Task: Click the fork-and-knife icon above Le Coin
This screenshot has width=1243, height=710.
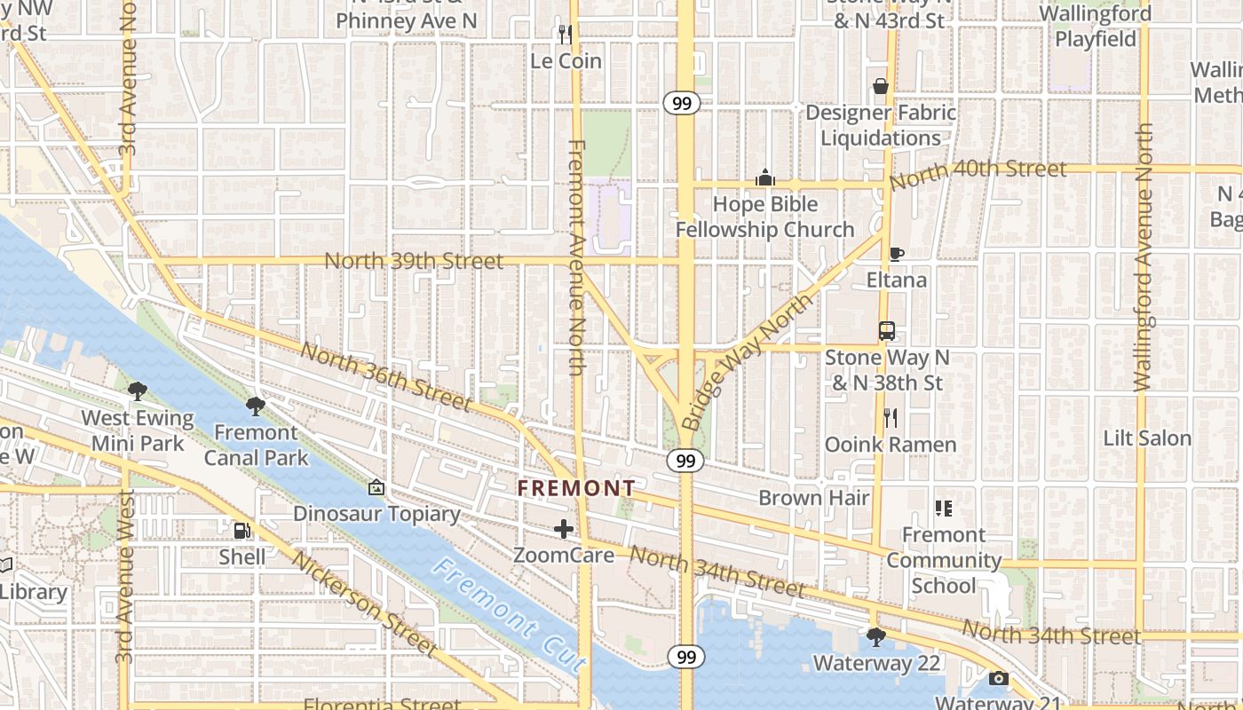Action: click(565, 34)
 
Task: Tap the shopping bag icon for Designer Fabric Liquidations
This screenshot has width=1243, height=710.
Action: click(881, 86)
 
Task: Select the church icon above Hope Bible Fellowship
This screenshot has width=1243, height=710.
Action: click(765, 178)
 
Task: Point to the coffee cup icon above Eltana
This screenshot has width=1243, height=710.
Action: click(897, 255)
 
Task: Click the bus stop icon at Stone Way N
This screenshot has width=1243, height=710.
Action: click(886, 331)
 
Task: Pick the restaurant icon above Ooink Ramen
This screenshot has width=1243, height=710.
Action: click(891, 417)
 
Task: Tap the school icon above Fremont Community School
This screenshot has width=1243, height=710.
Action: click(944, 509)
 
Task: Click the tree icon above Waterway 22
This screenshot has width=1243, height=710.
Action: click(875, 636)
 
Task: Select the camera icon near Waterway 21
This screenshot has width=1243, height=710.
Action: click(999, 679)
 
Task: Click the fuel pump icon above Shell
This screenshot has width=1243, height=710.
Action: click(241, 531)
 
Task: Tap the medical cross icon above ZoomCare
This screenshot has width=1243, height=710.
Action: click(564, 530)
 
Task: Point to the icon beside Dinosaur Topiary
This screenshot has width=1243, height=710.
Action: click(376, 487)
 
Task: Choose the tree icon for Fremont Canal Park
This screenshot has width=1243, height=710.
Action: click(256, 406)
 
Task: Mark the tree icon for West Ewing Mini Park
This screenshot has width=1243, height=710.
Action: click(138, 391)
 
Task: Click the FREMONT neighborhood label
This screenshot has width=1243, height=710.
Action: click(577, 488)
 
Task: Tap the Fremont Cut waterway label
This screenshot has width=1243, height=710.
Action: click(511, 614)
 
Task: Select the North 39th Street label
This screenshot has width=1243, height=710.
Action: click(414, 261)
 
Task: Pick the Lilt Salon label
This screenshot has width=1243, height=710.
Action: click(1147, 438)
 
